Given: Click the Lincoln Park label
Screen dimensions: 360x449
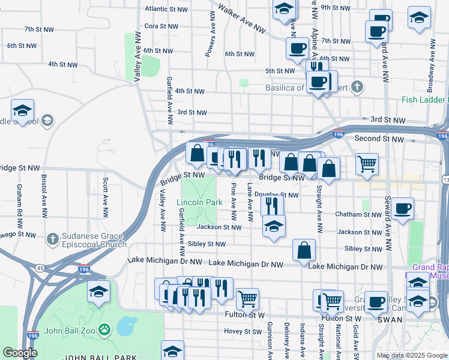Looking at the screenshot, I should pos(200,203).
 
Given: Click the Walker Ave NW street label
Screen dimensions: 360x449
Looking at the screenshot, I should pos(242,19).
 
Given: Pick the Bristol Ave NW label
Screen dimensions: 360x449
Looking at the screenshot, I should pos(43,196).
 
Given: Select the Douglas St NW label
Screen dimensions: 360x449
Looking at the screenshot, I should pos(277,195).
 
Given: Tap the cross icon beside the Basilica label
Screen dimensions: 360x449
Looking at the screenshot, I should pos(357,87).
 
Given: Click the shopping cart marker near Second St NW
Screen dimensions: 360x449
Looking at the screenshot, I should pos(367,163).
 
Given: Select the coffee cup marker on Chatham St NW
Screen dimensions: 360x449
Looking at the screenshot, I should pos(403,208).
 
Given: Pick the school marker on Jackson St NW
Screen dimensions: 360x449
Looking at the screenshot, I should pos(274,226).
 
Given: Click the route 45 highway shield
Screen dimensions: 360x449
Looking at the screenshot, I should pos(40,268).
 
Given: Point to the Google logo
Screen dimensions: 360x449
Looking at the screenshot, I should pos(20,353).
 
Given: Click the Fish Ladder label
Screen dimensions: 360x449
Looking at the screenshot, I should pos(424,100).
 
